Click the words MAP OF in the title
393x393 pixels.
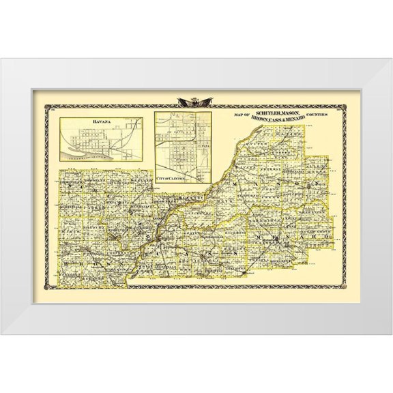pos(242,115)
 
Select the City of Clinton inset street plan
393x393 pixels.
pos(181,147)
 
